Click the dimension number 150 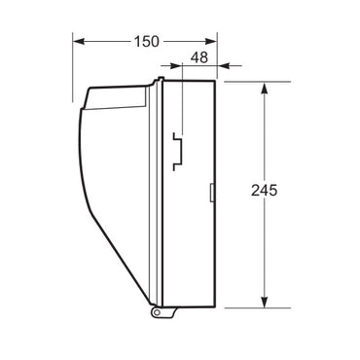click(145, 43)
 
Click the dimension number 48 click(199, 58)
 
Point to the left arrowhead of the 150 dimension click(80, 43)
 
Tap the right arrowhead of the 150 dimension click(211, 43)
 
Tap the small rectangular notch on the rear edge click(213, 192)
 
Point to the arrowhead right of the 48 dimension click(222, 67)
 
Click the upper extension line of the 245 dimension click(248, 82)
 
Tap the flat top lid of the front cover click(117, 96)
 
